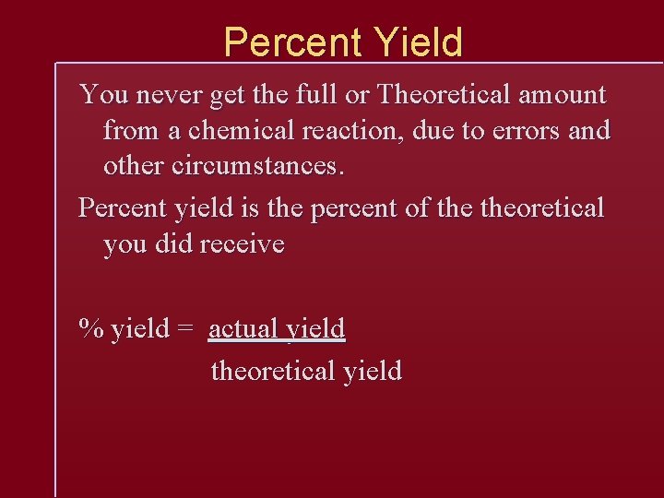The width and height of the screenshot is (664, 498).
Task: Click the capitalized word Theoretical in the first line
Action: [x=442, y=95]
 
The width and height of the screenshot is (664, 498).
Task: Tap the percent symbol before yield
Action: [x=90, y=328]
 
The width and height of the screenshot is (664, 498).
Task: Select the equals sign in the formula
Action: [x=185, y=329]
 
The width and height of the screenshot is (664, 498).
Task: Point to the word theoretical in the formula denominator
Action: [x=273, y=371]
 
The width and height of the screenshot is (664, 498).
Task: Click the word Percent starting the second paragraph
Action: [x=118, y=208]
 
